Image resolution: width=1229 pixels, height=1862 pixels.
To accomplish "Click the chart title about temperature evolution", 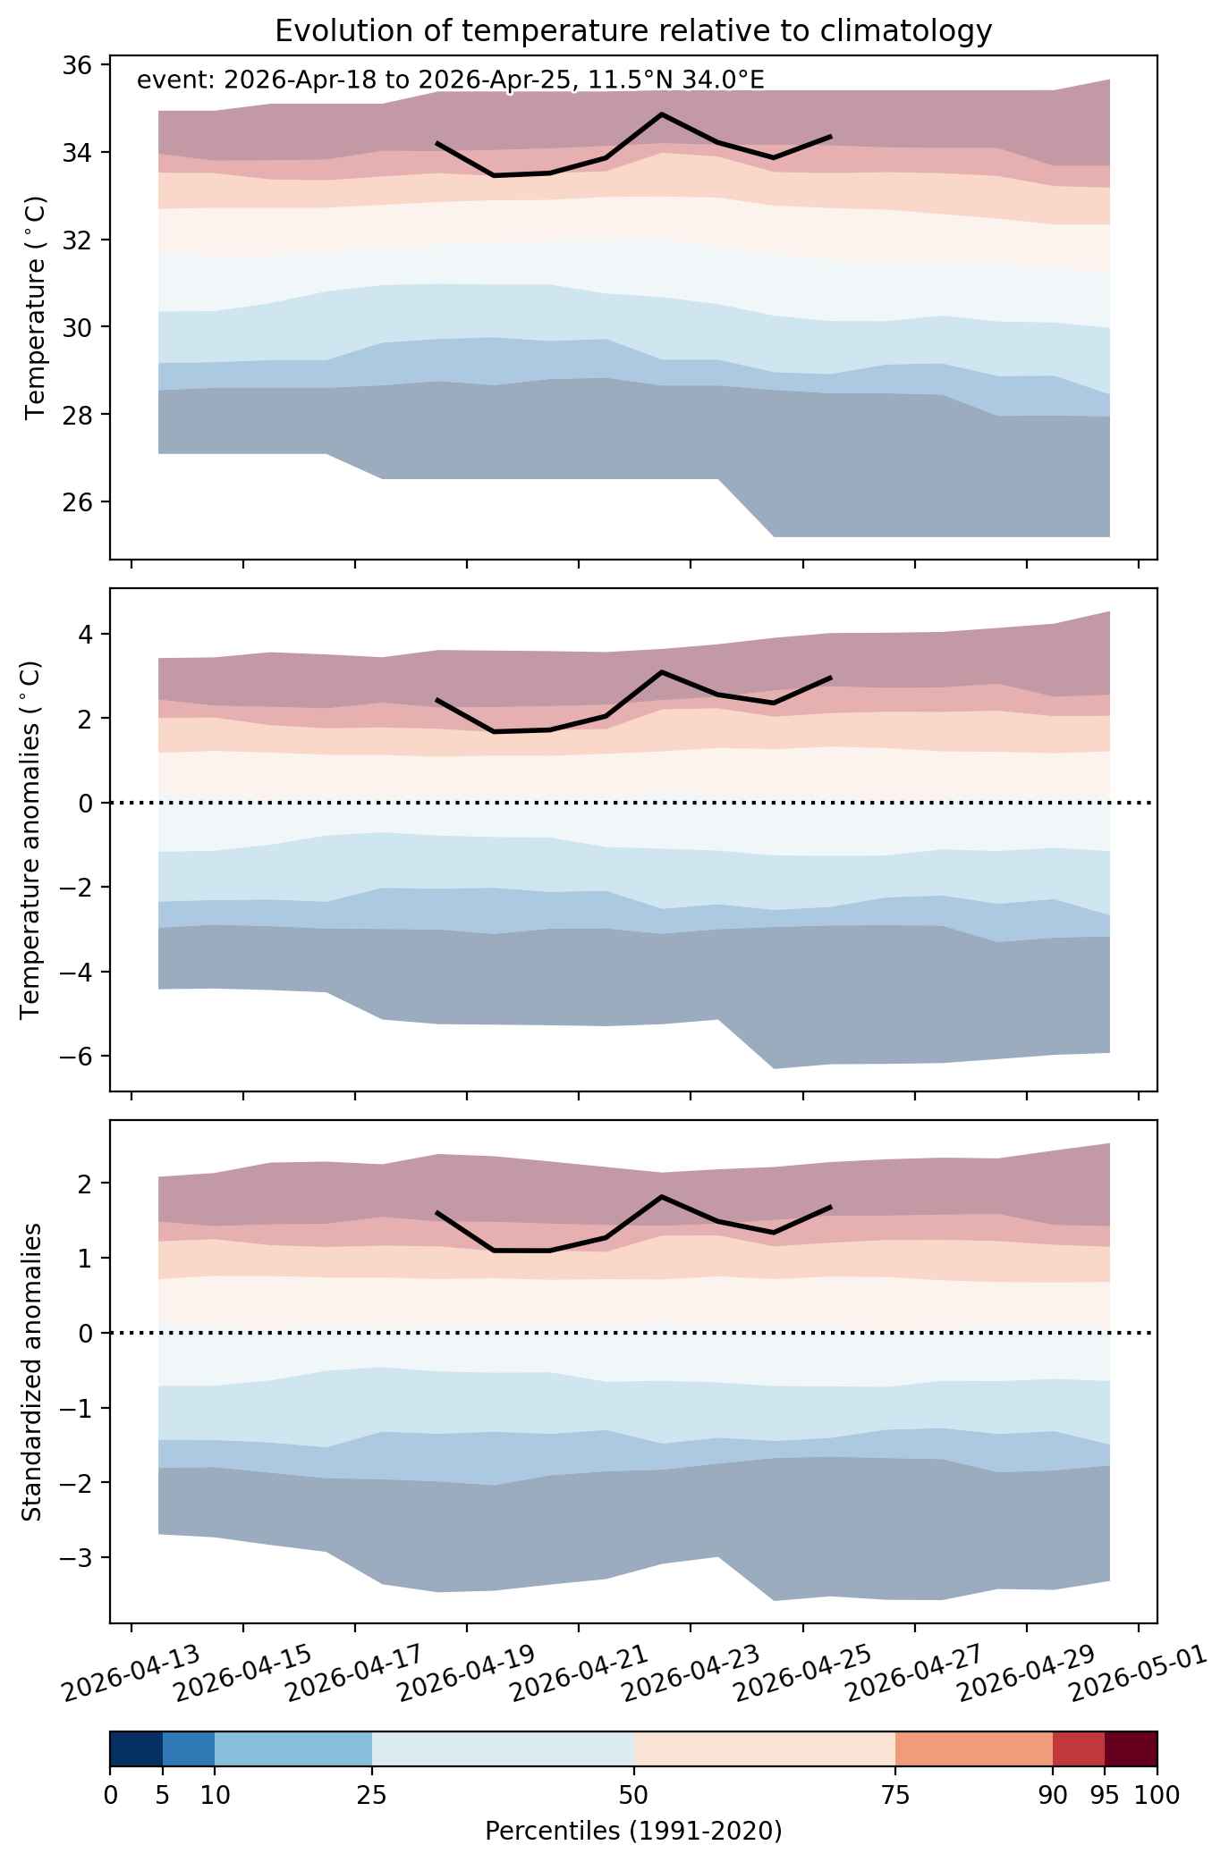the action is click(633, 31).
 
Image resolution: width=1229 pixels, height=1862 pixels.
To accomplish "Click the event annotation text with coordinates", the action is click(450, 81).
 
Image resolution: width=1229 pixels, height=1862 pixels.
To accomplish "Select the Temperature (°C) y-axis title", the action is click(36, 308).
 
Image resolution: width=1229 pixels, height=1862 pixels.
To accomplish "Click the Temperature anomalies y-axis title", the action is click(30, 839).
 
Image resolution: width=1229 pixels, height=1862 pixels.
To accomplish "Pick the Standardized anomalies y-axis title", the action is click(31, 1371).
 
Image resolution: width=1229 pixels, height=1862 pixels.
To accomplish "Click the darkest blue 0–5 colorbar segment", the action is click(136, 1748).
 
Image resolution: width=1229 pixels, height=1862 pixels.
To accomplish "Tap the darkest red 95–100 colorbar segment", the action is click(1132, 1748).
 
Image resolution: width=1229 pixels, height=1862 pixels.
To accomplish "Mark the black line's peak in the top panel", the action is click(661, 114).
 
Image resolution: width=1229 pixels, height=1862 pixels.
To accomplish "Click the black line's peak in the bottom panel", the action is click(661, 1196).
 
